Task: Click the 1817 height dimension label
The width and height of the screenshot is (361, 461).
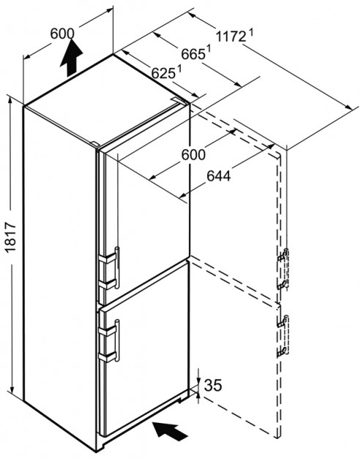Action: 10,238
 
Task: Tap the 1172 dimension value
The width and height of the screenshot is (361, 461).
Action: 231,37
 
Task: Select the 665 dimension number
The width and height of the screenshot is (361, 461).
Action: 193,54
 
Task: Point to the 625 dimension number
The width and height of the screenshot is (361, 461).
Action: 163,73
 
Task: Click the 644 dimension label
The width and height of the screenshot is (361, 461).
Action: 219,176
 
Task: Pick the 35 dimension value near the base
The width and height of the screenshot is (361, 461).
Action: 213,385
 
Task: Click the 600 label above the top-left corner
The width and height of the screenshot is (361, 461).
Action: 62,34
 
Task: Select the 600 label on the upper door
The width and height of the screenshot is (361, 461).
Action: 193,154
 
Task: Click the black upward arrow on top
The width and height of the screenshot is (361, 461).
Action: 71,57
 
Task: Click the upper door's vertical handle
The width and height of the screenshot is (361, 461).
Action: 117,268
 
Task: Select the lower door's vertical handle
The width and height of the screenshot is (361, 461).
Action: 117,340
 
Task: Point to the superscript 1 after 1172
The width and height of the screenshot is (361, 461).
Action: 251,32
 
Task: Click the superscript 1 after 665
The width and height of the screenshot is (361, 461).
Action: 209,49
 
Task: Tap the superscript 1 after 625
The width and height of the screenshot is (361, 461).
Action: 179,69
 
